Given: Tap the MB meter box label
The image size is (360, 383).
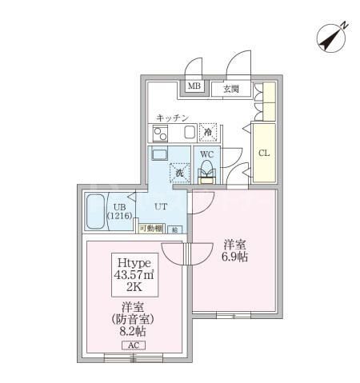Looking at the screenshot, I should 194,87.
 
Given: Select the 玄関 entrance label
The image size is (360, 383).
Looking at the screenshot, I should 231,88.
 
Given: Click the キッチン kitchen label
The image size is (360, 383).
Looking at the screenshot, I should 172,118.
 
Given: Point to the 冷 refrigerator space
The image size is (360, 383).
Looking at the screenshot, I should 209,133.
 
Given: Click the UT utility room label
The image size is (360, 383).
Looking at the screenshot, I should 160,205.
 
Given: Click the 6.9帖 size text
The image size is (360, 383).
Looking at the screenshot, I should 234,257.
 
